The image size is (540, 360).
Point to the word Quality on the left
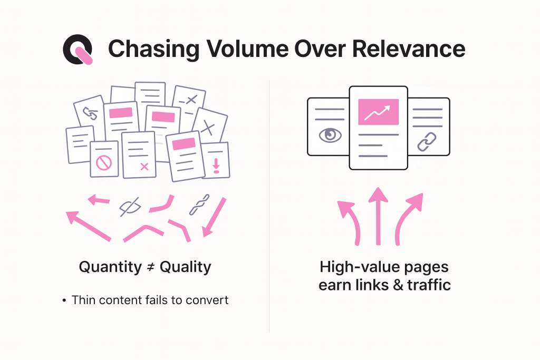[x=185, y=267]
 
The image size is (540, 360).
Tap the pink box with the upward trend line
[x=378, y=112]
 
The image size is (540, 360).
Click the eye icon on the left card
[x=330, y=135]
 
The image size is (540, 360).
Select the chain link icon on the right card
[x=427, y=141]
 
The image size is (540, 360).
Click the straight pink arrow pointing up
[x=378, y=216]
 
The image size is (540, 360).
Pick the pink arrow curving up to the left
[x=350, y=221]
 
